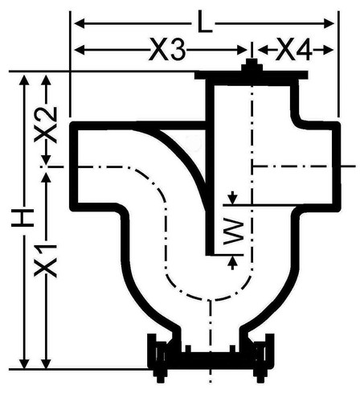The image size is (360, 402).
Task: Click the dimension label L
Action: pyautogui.click(x=205, y=22)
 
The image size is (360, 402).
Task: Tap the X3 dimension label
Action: pyautogui.click(x=167, y=50)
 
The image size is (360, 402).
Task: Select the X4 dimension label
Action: pyautogui.click(x=294, y=50)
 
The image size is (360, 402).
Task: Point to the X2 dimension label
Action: pyautogui.click(x=46, y=125)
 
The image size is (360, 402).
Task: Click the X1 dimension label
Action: pyautogui.click(x=46, y=260)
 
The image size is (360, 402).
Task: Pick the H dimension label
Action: pyautogui.click(x=22, y=218)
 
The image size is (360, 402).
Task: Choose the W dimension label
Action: pyautogui.click(x=234, y=232)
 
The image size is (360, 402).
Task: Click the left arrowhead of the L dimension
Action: pyautogui.click(x=80, y=23)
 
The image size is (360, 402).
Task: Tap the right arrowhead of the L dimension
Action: pyautogui.click(x=329, y=23)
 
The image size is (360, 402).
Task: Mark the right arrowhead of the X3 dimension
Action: pyautogui.click(x=242, y=50)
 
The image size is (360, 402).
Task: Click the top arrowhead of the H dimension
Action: pyautogui.click(x=25, y=80)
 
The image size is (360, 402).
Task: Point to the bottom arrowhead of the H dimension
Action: pyautogui.click(x=25, y=363)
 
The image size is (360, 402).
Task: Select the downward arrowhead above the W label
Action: pyautogui.click(x=233, y=198)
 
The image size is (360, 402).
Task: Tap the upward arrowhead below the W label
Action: pyautogui.click(x=232, y=263)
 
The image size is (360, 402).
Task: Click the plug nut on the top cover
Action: pyautogui.click(x=252, y=65)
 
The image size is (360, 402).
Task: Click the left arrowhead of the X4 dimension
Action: pyautogui.click(x=263, y=50)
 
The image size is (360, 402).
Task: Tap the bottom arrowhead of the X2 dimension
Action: pyautogui.click(x=46, y=159)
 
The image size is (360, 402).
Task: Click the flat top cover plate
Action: pyautogui.click(x=252, y=76)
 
